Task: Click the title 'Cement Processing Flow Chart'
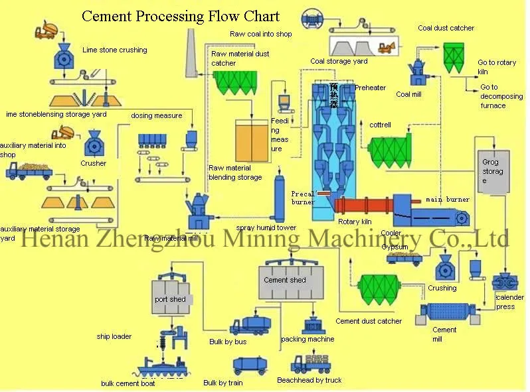(x=180, y=16)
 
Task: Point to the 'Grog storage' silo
(x=493, y=172)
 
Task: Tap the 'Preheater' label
(x=370, y=88)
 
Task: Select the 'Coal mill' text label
(x=408, y=94)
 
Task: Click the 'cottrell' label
(x=381, y=125)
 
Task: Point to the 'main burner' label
(x=448, y=199)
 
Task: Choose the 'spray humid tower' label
(x=266, y=228)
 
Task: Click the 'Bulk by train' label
(x=222, y=383)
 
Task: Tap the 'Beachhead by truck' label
(x=309, y=380)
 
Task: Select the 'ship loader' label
(x=114, y=336)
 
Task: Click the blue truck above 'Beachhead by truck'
(x=310, y=363)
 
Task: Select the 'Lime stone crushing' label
(x=114, y=50)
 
